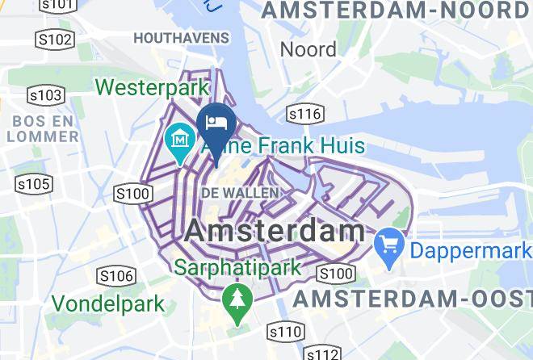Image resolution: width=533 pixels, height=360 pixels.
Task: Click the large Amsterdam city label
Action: click(x=275, y=231)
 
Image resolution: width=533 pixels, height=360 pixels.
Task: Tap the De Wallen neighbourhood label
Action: click(x=240, y=193)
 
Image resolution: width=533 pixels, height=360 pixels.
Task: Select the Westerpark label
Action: click(x=153, y=86)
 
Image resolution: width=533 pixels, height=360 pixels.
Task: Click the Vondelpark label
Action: click(x=109, y=304)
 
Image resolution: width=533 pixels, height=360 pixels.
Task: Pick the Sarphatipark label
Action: click(x=240, y=266)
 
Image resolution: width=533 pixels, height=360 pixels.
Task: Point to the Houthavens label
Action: click(x=182, y=38)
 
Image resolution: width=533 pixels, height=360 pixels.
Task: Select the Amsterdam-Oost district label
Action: click(x=413, y=299)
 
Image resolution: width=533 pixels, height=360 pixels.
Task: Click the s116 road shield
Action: click(x=305, y=114)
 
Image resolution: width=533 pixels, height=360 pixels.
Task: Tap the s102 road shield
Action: click(x=55, y=40)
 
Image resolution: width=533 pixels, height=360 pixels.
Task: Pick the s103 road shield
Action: click(x=47, y=95)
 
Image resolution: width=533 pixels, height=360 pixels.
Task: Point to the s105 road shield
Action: click(x=34, y=185)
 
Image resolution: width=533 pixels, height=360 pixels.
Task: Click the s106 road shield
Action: click(x=115, y=276)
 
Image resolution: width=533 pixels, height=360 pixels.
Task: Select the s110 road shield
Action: click(x=285, y=331)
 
